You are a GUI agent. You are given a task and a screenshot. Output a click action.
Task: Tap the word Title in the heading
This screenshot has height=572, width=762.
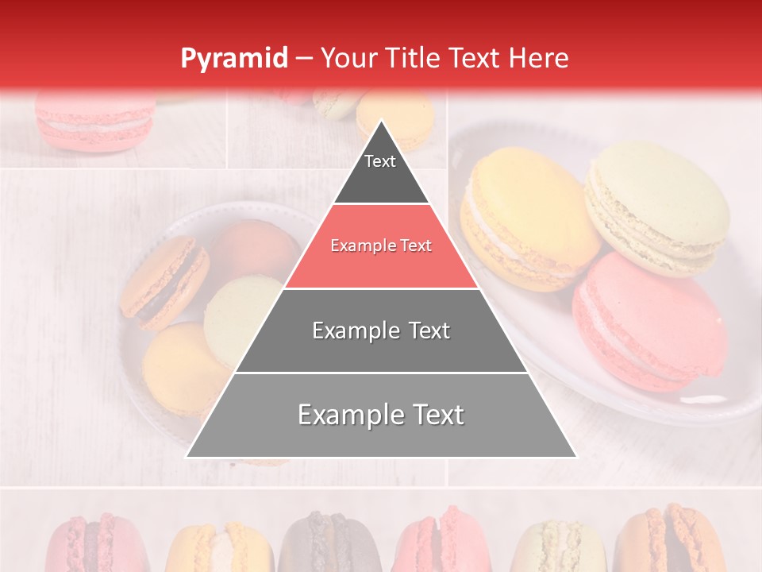point(415,58)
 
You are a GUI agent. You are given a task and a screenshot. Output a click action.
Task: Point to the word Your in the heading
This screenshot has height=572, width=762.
point(350,58)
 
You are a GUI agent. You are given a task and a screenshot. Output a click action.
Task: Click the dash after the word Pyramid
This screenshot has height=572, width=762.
point(303,59)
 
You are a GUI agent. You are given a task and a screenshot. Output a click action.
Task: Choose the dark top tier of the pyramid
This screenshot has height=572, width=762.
point(381,171)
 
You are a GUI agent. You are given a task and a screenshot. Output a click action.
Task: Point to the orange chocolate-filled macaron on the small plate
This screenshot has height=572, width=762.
point(163,282)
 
